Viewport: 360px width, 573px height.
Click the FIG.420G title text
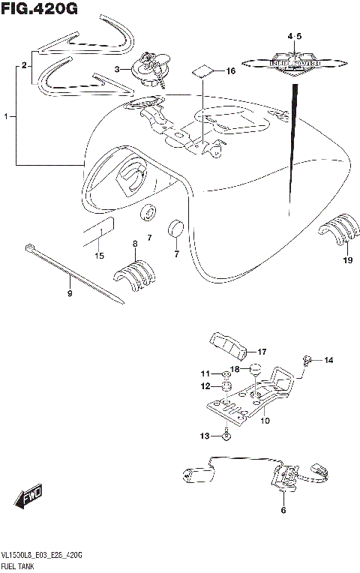[39, 9]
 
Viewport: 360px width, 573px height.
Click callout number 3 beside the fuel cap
[117, 69]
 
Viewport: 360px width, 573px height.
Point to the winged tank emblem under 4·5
[294, 63]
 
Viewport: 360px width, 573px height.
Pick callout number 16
[230, 70]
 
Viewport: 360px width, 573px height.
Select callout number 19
[347, 260]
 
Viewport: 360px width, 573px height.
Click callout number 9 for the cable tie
[70, 294]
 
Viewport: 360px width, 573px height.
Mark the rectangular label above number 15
[98, 228]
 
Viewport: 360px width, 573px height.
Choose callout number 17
[262, 351]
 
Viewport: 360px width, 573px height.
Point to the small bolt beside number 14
[306, 361]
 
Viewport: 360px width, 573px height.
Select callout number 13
[205, 435]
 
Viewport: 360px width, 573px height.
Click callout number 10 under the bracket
[264, 421]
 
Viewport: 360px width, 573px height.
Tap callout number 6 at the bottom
[283, 511]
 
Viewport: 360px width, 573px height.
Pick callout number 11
[205, 374]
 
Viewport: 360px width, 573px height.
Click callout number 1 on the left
[7, 117]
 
